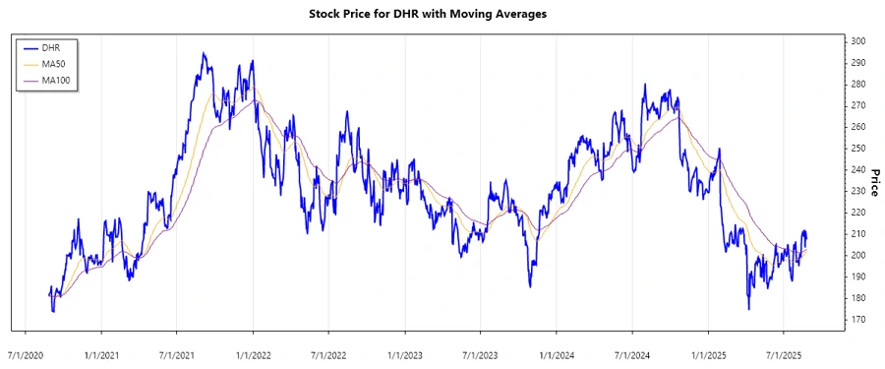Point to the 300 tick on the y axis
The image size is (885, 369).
click(857, 41)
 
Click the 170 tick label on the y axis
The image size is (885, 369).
click(857, 320)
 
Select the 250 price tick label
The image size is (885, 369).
click(857, 149)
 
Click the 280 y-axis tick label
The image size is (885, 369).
click(857, 85)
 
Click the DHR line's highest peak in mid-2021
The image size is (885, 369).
click(204, 53)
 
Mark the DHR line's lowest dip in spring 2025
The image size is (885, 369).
click(749, 309)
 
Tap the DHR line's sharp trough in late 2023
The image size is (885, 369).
click(530, 286)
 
